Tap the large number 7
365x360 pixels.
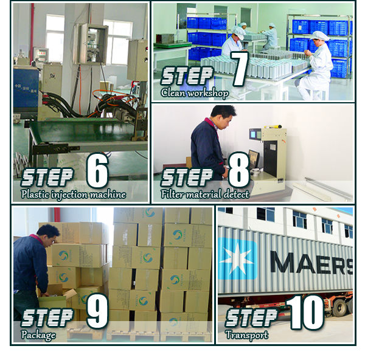point(238,69)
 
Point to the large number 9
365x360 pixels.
point(97,312)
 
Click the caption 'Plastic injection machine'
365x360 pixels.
point(73,195)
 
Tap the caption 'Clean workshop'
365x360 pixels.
point(195,93)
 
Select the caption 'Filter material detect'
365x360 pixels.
point(204,195)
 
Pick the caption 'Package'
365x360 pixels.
point(38,335)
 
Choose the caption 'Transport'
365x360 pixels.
point(246,335)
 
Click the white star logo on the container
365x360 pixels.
point(237,258)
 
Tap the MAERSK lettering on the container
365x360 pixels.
point(310,263)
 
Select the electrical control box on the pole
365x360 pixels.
point(91,44)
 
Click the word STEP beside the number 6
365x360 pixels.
point(48,177)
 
